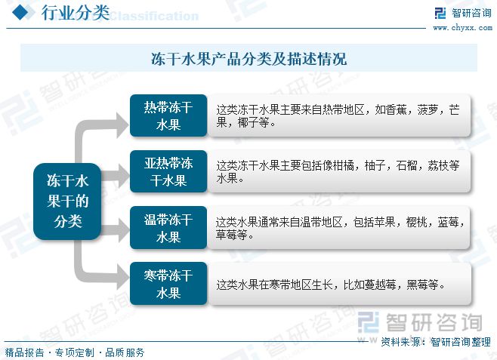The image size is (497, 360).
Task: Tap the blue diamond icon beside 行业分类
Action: [x=23, y=13]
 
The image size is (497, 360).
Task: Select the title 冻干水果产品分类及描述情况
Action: [x=248, y=58]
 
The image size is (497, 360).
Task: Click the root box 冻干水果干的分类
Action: [x=68, y=202]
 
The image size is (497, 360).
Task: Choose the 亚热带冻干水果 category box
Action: [x=168, y=171]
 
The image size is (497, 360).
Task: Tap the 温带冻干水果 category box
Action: [x=168, y=228]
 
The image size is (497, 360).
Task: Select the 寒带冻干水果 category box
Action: [x=168, y=284]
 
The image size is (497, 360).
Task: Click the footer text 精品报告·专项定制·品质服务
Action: [x=74, y=352]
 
